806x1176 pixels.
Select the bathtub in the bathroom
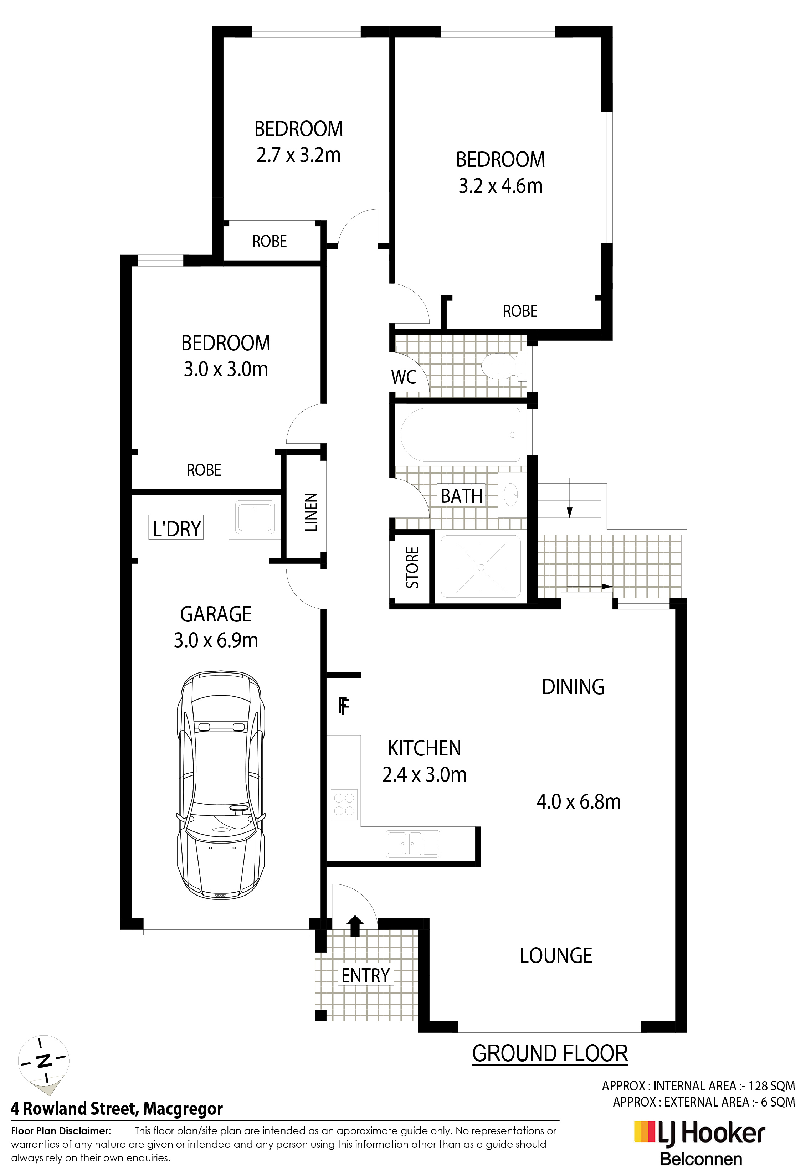point(460,435)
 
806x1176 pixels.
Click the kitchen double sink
point(412,844)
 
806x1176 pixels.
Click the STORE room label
point(412,568)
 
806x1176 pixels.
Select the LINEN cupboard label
point(311,512)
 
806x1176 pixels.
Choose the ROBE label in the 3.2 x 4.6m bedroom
point(520,311)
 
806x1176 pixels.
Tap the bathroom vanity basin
point(512,494)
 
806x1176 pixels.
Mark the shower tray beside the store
point(481,567)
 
